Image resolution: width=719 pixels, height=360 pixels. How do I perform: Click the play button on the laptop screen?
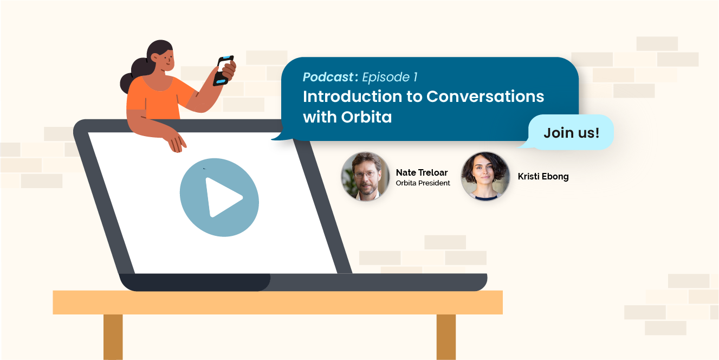point(219,197)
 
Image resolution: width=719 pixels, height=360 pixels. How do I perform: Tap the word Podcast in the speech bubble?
point(328,77)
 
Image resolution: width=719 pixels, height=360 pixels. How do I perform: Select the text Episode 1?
point(390,77)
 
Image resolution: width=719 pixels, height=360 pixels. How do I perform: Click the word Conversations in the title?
point(485,97)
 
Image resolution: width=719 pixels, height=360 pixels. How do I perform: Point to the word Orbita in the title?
point(366,117)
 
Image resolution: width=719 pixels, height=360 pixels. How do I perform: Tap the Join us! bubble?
point(571,132)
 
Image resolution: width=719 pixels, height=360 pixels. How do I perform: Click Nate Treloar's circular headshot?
point(365,176)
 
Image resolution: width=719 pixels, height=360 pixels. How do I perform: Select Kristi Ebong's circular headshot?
point(485,176)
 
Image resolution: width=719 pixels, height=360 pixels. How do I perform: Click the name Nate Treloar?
point(422,172)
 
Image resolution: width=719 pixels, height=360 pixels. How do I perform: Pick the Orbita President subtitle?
point(423,183)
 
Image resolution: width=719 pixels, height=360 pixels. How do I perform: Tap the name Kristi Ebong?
point(543,176)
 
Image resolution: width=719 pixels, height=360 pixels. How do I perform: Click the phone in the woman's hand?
point(223,70)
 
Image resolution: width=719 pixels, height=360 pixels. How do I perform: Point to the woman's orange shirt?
point(157,98)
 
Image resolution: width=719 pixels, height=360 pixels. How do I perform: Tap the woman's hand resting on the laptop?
point(176,144)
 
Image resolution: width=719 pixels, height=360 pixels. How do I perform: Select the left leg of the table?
point(113,337)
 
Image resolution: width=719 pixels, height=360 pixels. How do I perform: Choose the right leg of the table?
point(446,337)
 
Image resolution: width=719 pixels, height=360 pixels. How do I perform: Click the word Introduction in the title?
point(352,97)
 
